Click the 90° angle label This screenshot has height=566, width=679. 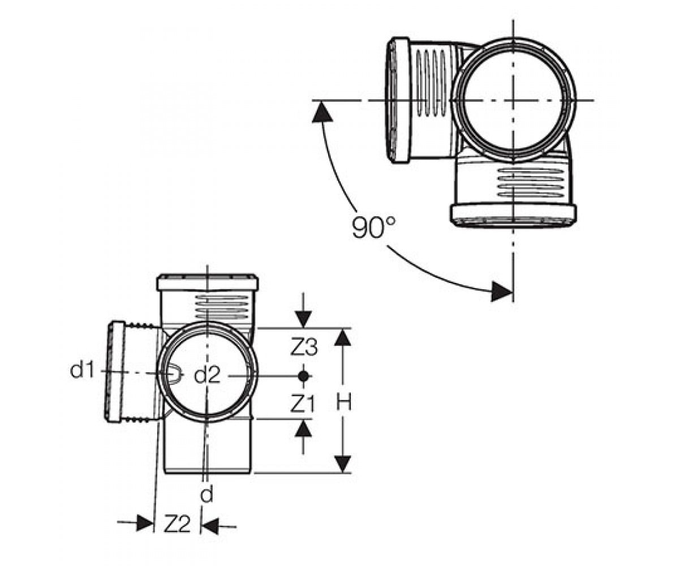(x=374, y=227)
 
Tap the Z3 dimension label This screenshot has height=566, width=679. (x=304, y=347)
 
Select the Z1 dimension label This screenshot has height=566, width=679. (x=302, y=404)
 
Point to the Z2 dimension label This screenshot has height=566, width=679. (x=177, y=524)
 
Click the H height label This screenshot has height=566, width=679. (x=343, y=401)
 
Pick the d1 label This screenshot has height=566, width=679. (x=82, y=370)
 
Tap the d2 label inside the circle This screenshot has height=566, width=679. (x=207, y=375)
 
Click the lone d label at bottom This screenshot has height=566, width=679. (x=207, y=494)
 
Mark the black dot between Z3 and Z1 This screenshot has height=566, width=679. (x=303, y=376)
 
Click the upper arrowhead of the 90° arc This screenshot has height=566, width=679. (x=321, y=112)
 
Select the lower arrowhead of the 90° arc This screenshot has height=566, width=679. (x=501, y=291)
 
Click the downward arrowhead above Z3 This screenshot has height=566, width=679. (x=303, y=319)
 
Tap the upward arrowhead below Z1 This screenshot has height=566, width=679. (x=303, y=428)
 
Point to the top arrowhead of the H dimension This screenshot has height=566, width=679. (x=343, y=337)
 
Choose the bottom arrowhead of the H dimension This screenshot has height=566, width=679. (x=343, y=465)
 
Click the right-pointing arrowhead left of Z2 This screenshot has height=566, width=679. (x=144, y=523)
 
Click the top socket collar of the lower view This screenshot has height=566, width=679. (x=208, y=282)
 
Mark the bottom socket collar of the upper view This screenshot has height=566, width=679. (x=513, y=215)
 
